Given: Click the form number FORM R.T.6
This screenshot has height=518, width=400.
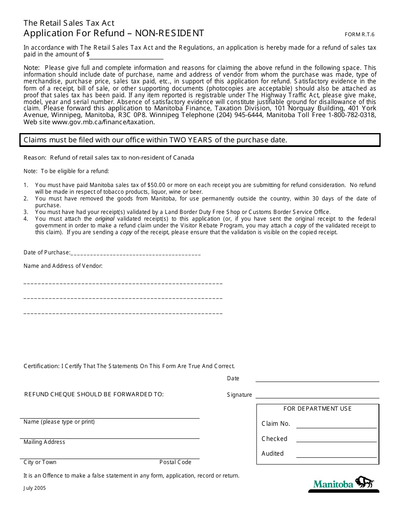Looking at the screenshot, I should point(359,35).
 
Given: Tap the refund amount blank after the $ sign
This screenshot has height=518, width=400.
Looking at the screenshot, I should point(127,55).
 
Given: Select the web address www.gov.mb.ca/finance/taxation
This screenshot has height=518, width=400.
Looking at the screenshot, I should point(103,122).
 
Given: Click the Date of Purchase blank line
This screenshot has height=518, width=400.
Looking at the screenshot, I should point(136,253).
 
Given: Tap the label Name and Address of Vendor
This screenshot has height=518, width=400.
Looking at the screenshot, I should point(63,266).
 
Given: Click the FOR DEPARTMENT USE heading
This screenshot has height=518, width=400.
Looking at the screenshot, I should point(317,409).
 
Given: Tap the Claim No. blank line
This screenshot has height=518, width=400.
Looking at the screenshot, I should point(336,424).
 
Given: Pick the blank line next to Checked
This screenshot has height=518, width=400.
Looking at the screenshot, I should point(336,439).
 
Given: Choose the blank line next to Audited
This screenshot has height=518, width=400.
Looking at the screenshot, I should point(336,454).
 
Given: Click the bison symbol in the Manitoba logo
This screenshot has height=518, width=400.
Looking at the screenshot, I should point(365,482).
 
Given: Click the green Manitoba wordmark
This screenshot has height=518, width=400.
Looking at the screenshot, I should point(333,484).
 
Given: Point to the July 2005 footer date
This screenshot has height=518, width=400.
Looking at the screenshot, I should point(35,489).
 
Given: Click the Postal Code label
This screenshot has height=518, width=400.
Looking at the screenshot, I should point(175,462).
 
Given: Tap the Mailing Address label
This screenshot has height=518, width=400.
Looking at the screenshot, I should point(44,442).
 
